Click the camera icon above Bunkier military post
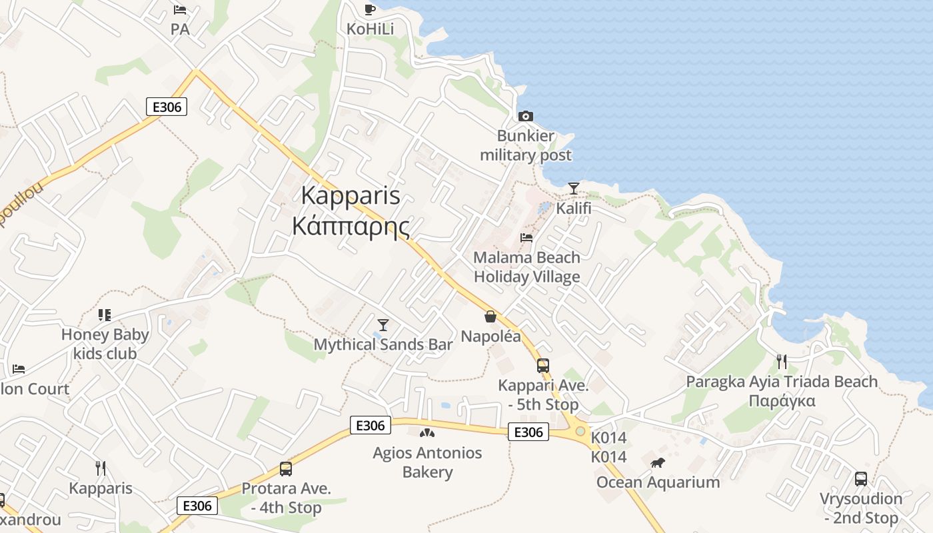(526, 117)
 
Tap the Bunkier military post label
(526, 146)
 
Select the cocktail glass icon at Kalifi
(574, 189)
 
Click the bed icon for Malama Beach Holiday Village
(526, 238)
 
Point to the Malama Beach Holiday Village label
(526, 267)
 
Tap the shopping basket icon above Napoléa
(490, 316)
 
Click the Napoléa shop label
(490, 336)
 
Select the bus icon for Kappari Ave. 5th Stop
(543, 366)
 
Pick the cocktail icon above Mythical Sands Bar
(383, 325)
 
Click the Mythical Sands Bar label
(383, 344)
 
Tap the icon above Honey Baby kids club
(105, 314)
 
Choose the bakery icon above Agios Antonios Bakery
(427, 433)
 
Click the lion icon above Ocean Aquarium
(658, 462)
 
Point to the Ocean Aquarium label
(658, 482)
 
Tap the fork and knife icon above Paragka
(782, 362)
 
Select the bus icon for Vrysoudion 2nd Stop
(861, 479)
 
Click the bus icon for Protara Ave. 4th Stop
(286, 469)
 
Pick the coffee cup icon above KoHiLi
(370, 9)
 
